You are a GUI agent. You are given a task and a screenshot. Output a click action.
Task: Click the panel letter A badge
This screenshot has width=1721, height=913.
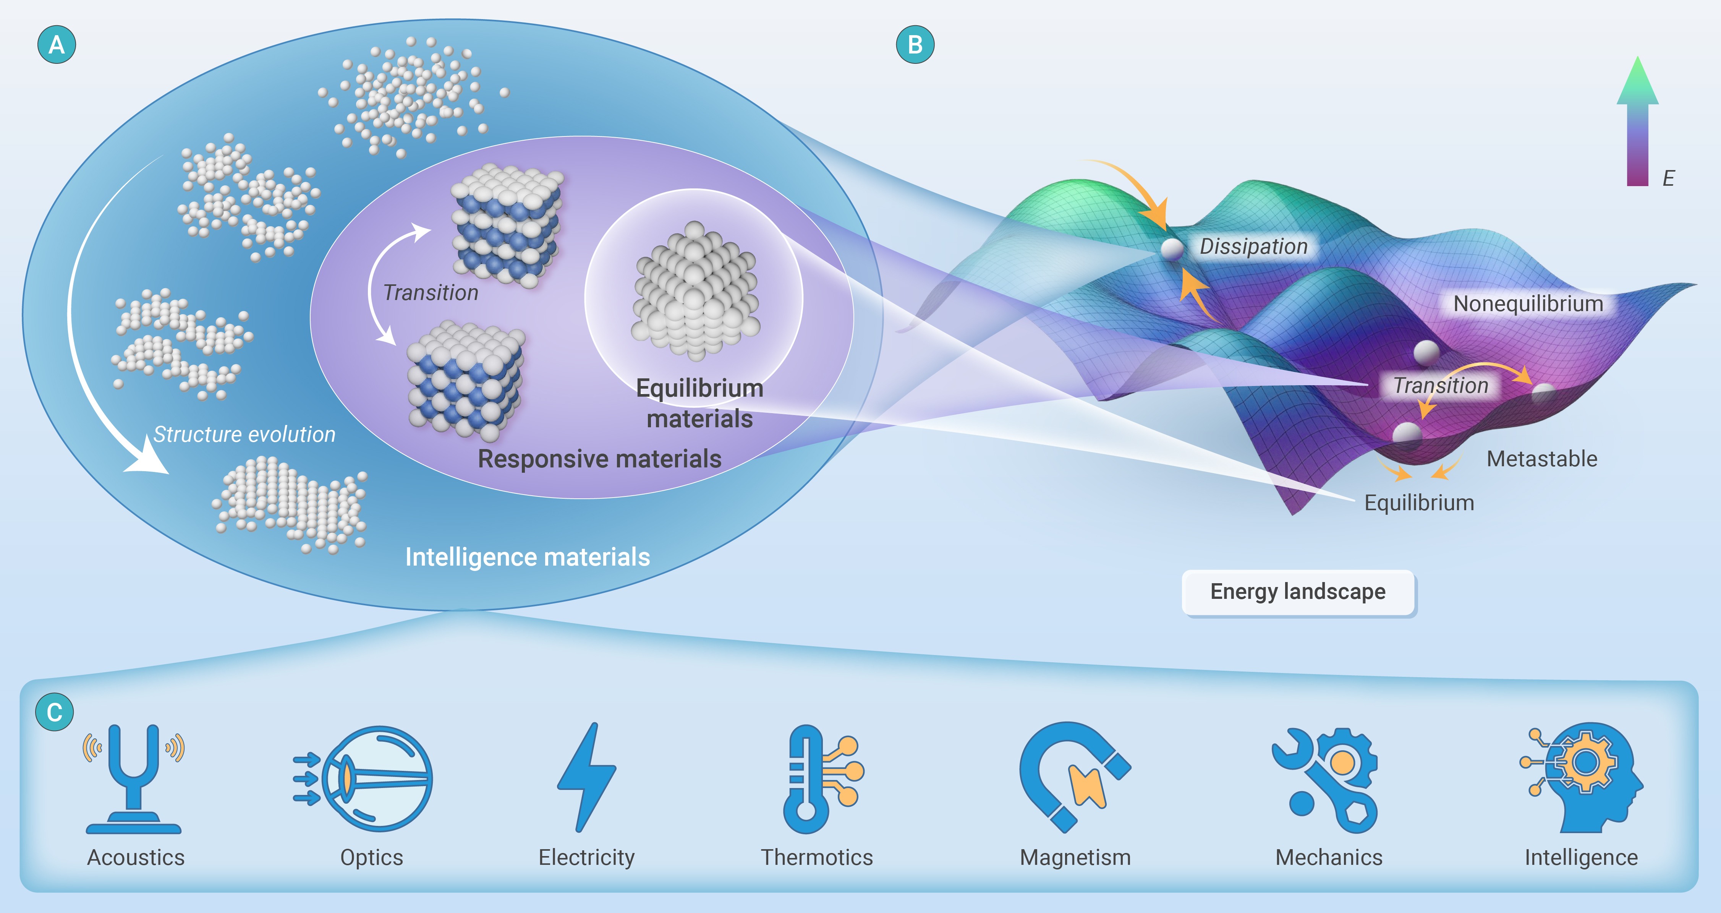[57, 45]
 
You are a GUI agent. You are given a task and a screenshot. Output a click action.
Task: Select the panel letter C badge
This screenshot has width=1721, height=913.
[54, 712]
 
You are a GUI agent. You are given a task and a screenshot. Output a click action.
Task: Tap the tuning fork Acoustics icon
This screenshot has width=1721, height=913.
[134, 778]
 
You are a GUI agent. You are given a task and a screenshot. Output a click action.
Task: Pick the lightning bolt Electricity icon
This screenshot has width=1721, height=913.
[586, 777]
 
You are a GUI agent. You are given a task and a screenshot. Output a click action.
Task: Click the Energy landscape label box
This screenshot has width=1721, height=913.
[1298, 592]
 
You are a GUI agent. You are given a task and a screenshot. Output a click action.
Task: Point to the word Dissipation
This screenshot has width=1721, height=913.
[1253, 246]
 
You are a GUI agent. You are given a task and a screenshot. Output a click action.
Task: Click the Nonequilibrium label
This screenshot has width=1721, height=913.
[1528, 304]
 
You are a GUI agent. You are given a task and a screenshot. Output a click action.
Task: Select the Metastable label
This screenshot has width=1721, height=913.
[1542, 459]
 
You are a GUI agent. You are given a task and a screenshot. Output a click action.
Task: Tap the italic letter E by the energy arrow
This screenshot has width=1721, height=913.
[1668, 178]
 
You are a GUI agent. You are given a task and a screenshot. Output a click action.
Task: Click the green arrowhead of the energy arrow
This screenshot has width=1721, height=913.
[1637, 81]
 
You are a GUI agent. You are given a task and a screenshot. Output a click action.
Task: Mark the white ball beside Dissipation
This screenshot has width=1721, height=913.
[1171, 249]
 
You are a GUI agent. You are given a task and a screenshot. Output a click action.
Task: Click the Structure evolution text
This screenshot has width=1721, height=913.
[244, 435]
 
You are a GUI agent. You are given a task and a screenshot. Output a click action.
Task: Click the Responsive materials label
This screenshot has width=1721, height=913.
[599, 459]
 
